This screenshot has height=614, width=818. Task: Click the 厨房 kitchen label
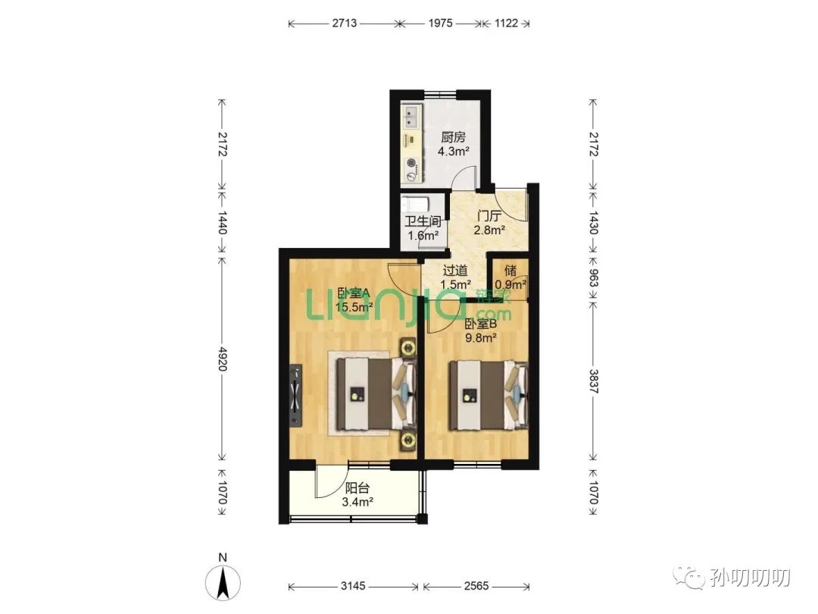(453, 137)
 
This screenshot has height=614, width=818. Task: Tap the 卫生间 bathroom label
(423, 221)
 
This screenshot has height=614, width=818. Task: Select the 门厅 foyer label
(489, 215)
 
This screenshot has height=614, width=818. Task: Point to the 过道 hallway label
(455, 271)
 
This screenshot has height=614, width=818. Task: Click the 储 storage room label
(510, 271)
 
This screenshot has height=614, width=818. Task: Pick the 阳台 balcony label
(357, 488)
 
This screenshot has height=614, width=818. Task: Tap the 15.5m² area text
(354, 307)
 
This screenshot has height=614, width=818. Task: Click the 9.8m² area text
(480, 338)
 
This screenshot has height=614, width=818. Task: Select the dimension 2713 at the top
(344, 23)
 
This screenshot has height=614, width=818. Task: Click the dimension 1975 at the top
(440, 23)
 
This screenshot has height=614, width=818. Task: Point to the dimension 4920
(222, 359)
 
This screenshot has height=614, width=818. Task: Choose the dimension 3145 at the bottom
(353, 586)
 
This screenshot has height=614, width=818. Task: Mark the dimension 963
(593, 277)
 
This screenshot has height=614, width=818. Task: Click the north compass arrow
(223, 583)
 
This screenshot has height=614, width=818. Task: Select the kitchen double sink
(411, 117)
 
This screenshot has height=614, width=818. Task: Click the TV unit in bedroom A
(296, 396)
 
